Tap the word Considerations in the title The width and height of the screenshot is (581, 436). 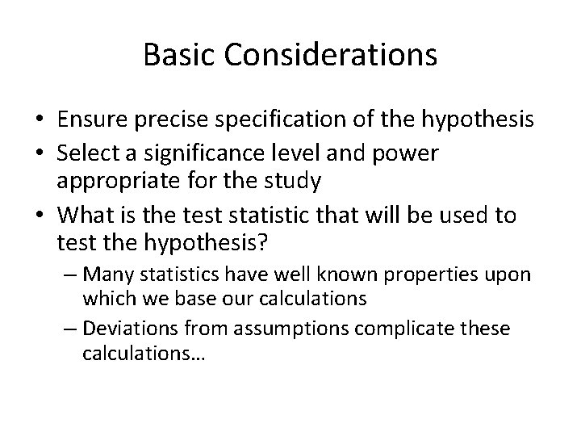[328, 55]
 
